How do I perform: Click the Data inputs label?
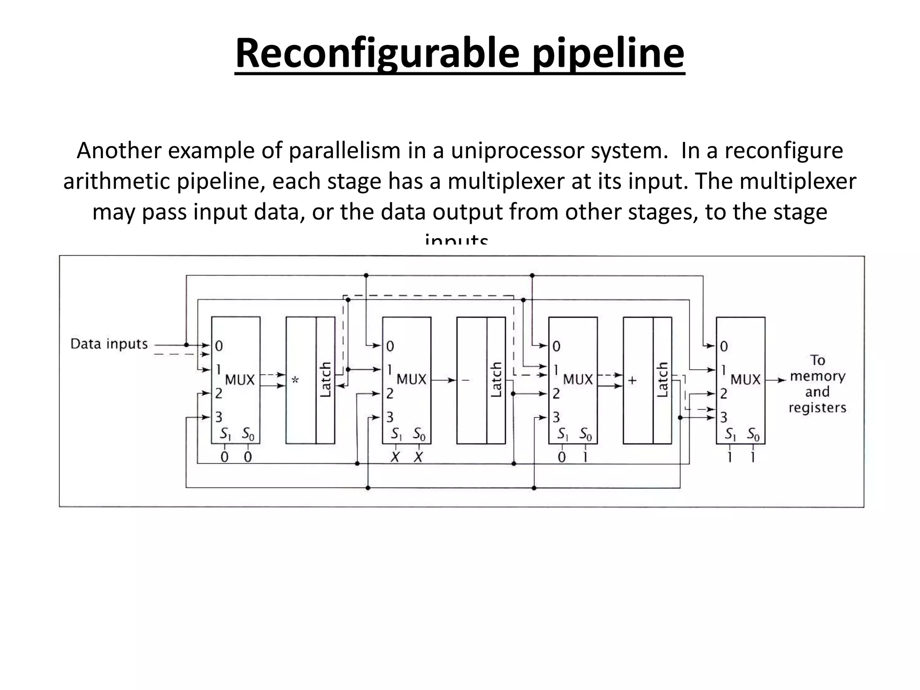coord(109,344)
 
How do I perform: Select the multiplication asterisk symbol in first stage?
coord(295,380)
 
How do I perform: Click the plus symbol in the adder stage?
coord(632,380)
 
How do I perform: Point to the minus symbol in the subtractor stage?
coord(465,380)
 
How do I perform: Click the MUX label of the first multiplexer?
coord(239,380)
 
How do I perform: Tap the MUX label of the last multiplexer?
coord(745,380)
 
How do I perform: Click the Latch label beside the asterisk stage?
coord(325,380)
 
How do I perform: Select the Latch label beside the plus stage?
coord(663,380)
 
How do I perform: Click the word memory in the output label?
coord(818,376)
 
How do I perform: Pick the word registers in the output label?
coord(818,408)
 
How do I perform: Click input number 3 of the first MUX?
coord(219,417)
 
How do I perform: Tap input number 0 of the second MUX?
coord(390,346)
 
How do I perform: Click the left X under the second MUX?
coord(395,457)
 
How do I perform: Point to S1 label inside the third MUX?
coord(563,434)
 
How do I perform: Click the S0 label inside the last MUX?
coord(753,434)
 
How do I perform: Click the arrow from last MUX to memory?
coord(776,380)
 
